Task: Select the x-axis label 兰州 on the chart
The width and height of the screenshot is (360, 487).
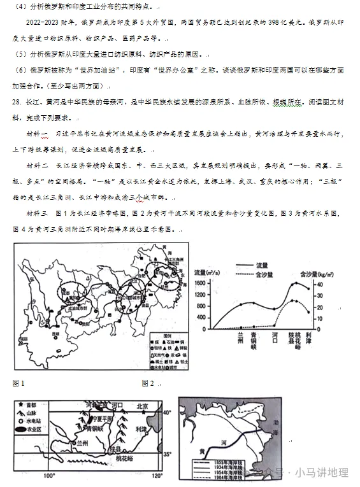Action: point(240,338)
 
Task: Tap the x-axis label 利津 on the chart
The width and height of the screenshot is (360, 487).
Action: point(308,338)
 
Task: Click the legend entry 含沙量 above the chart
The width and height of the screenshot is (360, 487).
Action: point(263,274)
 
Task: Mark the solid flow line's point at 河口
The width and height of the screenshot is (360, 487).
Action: point(275,308)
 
